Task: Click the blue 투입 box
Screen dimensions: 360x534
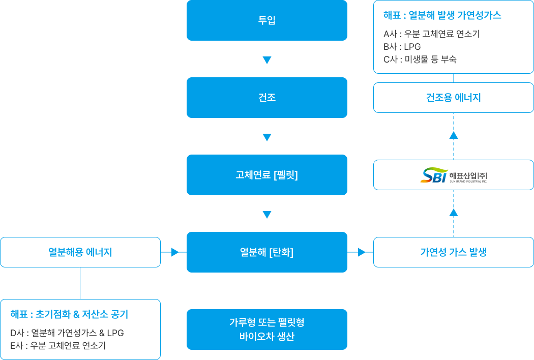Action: (266, 20)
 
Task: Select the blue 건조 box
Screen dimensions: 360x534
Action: (266, 98)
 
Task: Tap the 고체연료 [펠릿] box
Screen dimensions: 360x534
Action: (266, 175)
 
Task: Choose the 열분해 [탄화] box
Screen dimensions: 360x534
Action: (266, 252)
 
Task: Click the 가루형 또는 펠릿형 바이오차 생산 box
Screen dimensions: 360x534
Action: (266, 329)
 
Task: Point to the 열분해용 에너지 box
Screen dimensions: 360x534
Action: (80, 252)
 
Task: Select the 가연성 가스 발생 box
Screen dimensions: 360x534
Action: (453, 252)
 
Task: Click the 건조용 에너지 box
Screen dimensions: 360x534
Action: (453, 98)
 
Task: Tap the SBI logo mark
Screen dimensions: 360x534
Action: (434, 175)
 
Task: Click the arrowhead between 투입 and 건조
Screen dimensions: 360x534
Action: (267, 61)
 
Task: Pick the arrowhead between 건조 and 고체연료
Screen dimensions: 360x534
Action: (267, 137)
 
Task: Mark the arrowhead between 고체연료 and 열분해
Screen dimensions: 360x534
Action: (267, 215)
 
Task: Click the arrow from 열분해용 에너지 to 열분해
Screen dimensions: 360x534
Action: (174, 252)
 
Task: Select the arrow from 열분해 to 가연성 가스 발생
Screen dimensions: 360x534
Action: (361, 252)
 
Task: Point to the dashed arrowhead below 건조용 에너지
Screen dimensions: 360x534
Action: (454, 135)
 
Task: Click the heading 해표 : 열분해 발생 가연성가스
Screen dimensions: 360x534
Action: (442, 15)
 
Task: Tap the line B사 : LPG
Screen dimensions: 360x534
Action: (395, 47)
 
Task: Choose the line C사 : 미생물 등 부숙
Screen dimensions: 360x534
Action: (420, 59)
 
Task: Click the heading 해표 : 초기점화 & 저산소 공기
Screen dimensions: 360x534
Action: (69, 314)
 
